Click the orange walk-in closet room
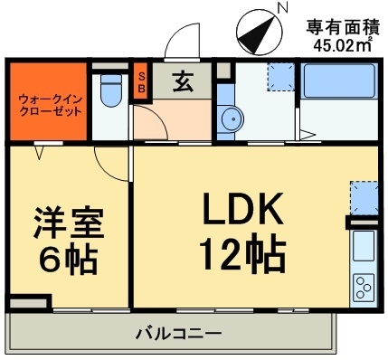pyautogui.click(x=48, y=101)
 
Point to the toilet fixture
pyautogui.click(x=109, y=92)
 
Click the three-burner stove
pyautogui.click(x=364, y=287)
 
